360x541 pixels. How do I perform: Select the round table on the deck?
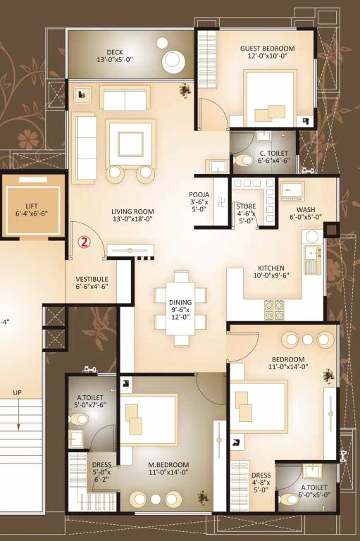(173, 61)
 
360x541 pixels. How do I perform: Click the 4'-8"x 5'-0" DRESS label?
(261, 484)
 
